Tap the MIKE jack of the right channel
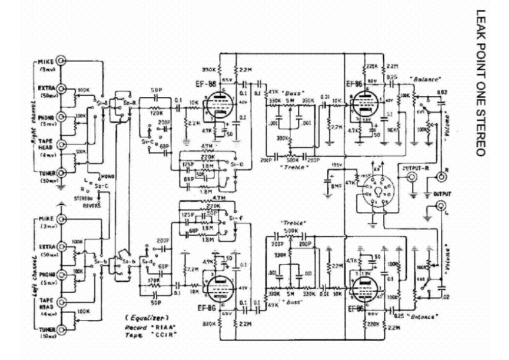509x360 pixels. (x=62, y=61)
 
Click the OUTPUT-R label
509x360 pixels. (x=415, y=168)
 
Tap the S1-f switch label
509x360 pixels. (x=236, y=219)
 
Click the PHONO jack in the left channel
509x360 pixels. (x=62, y=275)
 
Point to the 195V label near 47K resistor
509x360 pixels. (x=335, y=165)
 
